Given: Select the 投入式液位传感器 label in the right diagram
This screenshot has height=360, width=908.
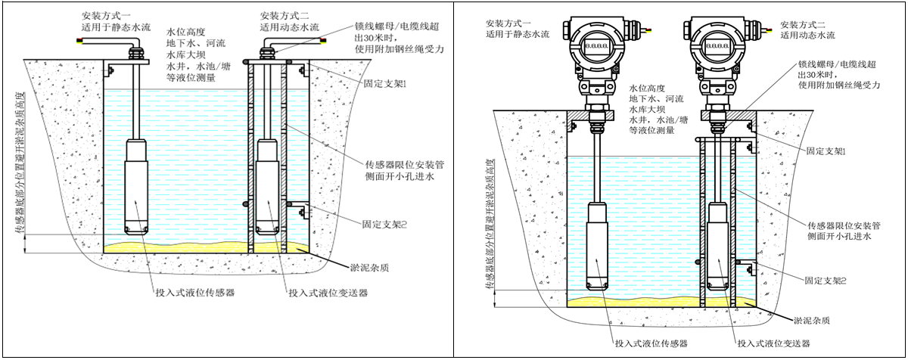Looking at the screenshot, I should tap(651, 343).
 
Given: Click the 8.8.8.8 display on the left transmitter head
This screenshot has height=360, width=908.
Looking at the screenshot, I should tap(595, 46).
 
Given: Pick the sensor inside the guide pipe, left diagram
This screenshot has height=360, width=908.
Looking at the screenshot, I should tap(268, 185).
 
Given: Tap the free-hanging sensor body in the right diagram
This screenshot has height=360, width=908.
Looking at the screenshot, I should tap(603, 250).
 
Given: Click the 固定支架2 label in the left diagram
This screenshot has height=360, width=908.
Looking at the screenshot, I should tap(383, 224).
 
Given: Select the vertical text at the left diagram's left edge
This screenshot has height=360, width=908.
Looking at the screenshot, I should tap(20, 166).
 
